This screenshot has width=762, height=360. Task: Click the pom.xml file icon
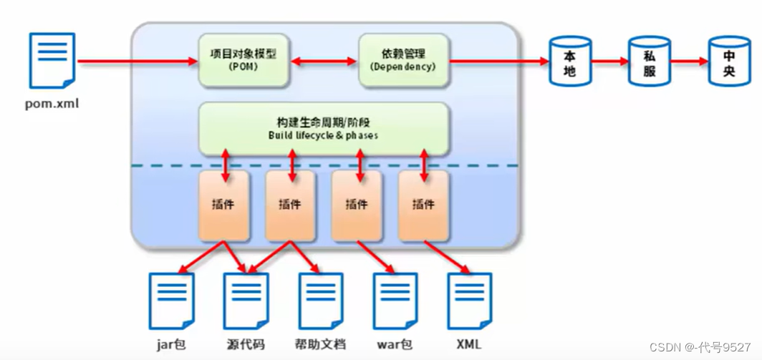[52, 61]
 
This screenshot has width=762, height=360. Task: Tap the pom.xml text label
[52, 104]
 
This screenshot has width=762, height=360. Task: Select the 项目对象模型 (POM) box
[243, 61]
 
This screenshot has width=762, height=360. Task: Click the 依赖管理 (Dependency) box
[403, 61]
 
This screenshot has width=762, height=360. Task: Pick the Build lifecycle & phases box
[324, 128]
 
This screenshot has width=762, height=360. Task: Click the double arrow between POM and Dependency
[324, 62]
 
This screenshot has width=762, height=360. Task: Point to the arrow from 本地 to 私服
[609, 62]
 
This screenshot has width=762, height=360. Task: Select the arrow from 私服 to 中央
[689, 62]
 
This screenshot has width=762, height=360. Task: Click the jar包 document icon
[171, 301]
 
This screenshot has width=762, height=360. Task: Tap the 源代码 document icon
[246, 301]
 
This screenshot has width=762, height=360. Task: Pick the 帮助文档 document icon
[321, 301]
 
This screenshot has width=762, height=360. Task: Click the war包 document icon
[395, 301]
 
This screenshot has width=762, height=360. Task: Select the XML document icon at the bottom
[470, 301]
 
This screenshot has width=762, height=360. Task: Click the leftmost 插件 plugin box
[223, 205]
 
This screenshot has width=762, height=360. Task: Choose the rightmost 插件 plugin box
[423, 205]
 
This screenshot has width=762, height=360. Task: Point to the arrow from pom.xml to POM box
[136, 62]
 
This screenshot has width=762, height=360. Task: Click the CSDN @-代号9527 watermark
[700, 347]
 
